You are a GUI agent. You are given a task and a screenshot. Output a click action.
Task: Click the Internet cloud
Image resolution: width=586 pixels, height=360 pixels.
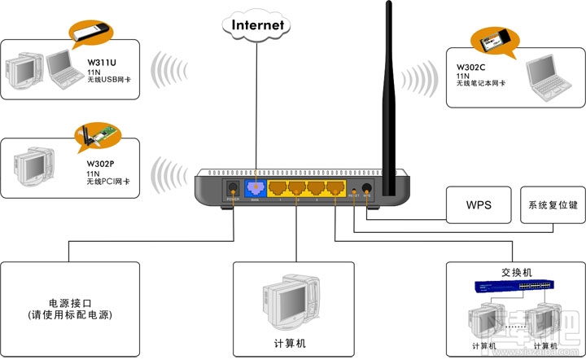[259, 24]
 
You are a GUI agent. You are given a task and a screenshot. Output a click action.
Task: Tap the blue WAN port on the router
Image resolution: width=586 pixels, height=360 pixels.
[255, 190]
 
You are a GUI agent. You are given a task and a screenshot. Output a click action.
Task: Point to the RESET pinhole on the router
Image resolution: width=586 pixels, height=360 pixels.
[352, 191]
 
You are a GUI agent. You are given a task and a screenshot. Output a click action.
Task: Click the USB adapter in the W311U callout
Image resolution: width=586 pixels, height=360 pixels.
[89, 33]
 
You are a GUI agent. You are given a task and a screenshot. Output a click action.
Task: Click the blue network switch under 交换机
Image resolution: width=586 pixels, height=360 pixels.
[515, 286]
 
